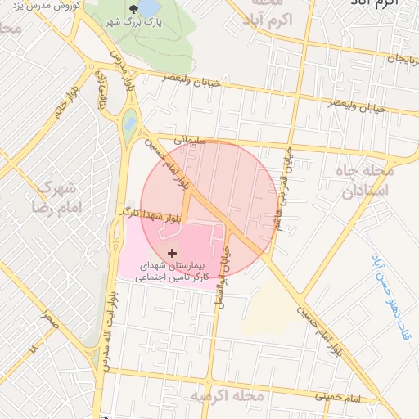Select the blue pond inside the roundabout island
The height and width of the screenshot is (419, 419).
pos(130,125)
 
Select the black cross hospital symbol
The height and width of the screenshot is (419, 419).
pos(171,254)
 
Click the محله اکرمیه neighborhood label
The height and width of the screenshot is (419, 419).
pos(227,397)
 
